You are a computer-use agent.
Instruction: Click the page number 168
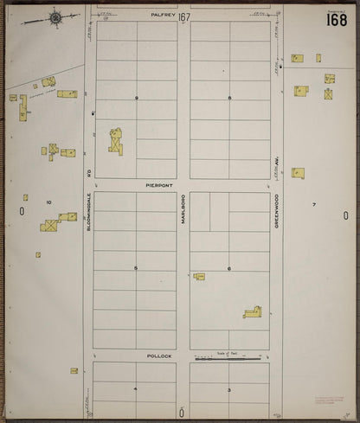(x=338, y=20)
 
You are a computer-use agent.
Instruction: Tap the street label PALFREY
(x=163, y=15)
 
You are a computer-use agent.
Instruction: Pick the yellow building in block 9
(x=115, y=142)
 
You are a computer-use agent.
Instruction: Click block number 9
(x=136, y=98)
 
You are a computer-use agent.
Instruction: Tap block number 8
(x=229, y=98)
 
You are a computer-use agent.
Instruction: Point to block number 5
(x=136, y=268)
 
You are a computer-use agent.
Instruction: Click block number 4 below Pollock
(x=135, y=389)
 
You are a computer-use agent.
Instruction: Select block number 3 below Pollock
(x=228, y=389)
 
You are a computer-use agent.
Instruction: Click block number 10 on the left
(x=48, y=202)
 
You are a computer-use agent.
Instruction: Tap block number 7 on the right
(x=314, y=204)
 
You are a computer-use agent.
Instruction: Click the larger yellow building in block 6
(x=252, y=311)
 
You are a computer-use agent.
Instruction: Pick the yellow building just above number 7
(x=298, y=173)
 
